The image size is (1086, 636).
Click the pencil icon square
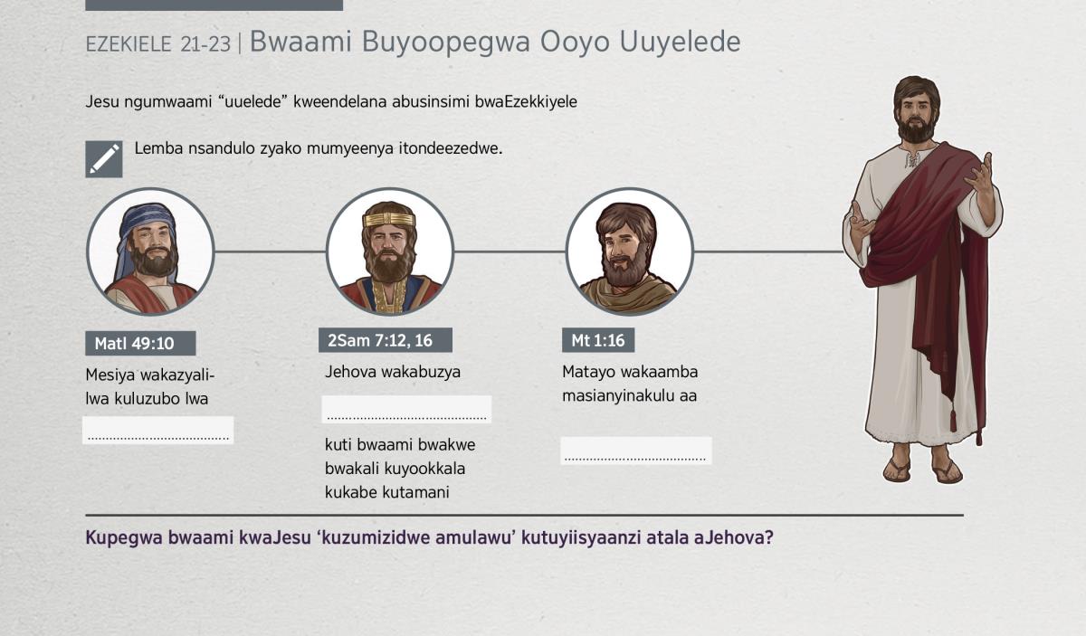tap(104, 159)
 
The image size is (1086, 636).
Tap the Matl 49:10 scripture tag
tap(140, 343)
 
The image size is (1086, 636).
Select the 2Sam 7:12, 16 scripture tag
tap(386, 340)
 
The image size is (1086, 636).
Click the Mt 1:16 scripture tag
tap(598, 340)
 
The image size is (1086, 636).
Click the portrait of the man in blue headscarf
tap(150, 252)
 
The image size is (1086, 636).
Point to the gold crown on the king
tap(389, 219)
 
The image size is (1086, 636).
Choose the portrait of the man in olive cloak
tap(629, 252)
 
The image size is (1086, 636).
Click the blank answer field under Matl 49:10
tap(158, 430)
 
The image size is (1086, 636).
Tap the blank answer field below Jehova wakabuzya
tap(406, 409)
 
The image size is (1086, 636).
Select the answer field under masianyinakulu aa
tap(636, 451)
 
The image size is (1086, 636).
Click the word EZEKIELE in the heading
tap(129, 44)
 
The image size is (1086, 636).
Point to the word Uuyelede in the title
tap(680, 43)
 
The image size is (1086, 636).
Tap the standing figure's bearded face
tap(916, 117)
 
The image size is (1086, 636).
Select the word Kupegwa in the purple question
tap(124, 538)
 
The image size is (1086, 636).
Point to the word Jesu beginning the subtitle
tap(101, 102)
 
